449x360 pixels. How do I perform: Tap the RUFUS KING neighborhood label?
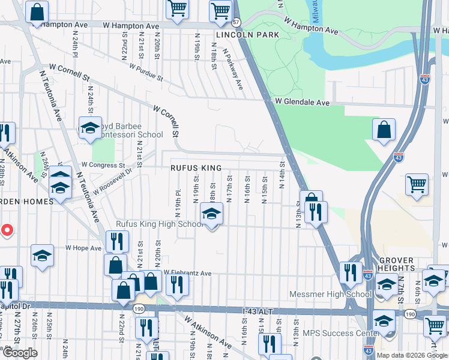tap(196, 168)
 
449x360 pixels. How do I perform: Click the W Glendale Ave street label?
tap(303, 103)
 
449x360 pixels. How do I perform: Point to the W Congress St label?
tap(103, 164)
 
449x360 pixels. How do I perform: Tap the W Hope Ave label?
tap(83, 247)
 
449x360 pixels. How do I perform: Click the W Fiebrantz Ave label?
tap(188, 273)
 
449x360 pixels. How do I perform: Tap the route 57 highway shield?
tap(236, 22)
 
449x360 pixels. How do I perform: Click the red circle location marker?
tap(7, 230)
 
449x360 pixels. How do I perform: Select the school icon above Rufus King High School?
tap(211, 214)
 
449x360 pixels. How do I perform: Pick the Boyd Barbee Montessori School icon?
tap(90, 128)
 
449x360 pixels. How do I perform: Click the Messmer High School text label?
tap(339, 294)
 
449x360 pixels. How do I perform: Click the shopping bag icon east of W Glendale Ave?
tap(384, 130)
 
